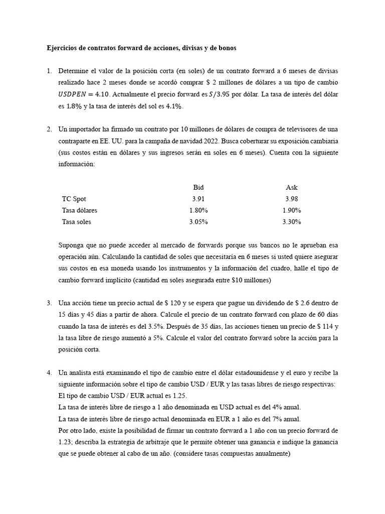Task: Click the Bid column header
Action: pos(199,187)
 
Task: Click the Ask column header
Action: pos(292,187)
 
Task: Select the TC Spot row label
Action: pos(74,199)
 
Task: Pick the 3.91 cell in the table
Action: pos(199,199)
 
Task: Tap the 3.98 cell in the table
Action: pos(292,199)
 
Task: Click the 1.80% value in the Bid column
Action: pos(199,210)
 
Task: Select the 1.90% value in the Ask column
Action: pos(292,210)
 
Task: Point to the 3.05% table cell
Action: pos(199,222)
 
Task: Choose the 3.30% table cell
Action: pos(292,222)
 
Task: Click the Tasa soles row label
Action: pos(77,222)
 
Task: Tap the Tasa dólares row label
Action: pos(80,210)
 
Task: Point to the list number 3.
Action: pos(49,303)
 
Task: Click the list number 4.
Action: pos(49,372)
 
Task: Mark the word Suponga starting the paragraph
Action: pos(73,245)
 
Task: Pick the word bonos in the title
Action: pos(226,48)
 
